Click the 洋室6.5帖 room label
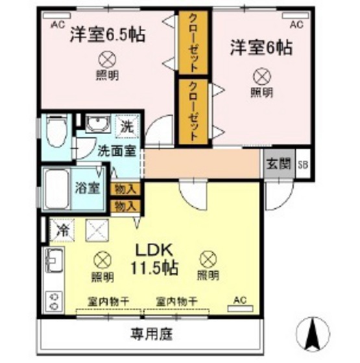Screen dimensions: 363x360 107,34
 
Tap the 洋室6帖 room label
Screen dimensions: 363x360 260,47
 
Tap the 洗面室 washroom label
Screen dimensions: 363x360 116,151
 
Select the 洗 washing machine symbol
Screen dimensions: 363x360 126,126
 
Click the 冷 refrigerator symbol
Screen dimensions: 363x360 62,229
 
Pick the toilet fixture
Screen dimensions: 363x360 56,128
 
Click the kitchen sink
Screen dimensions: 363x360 53,261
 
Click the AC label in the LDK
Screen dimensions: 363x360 239,300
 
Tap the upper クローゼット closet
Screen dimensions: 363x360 193,42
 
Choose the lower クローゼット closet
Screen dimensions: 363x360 193,111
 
